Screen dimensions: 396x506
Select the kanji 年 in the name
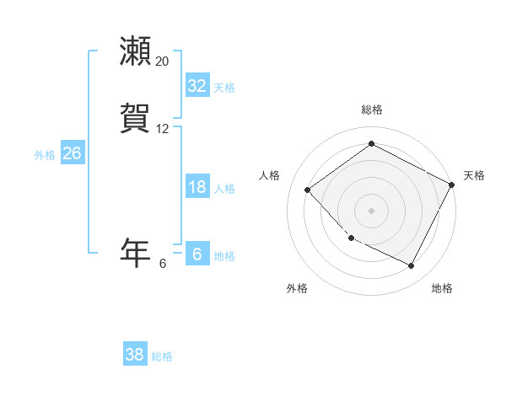click(x=136, y=253)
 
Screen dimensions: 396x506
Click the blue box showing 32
click(x=196, y=86)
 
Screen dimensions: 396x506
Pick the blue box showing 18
click(x=196, y=187)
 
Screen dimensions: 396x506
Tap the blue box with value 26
click(x=72, y=153)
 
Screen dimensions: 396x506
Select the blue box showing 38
click(x=134, y=355)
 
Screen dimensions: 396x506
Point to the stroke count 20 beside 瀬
click(x=163, y=62)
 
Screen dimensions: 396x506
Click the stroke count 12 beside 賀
click(x=163, y=129)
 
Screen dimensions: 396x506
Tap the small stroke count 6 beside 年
click(x=163, y=264)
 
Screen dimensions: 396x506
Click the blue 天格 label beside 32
click(x=224, y=88)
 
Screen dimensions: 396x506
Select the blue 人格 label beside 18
click(x=224, y=189)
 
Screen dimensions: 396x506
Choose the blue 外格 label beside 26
click(x=45, y=155)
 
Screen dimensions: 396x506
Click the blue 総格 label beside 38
click(x=162, y=356)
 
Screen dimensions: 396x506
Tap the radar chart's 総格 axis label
click(x=371, y=110)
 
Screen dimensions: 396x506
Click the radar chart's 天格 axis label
click(x=474, y=175)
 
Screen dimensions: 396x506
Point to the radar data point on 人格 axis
click(x=308, y=190)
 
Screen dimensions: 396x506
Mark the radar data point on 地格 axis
click(x=411, y=266)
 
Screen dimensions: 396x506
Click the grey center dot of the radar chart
click(x=371, y=210)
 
